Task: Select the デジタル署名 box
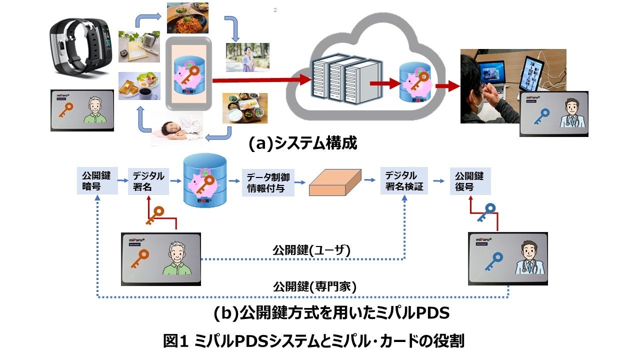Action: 147,181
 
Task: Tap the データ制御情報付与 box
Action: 267,182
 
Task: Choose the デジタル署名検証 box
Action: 404,181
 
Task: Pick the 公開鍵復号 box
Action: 470,181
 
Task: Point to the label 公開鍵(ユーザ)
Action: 311,249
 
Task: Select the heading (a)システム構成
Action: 303,143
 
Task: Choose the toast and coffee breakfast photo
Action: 139,86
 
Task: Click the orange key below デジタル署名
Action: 156,215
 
